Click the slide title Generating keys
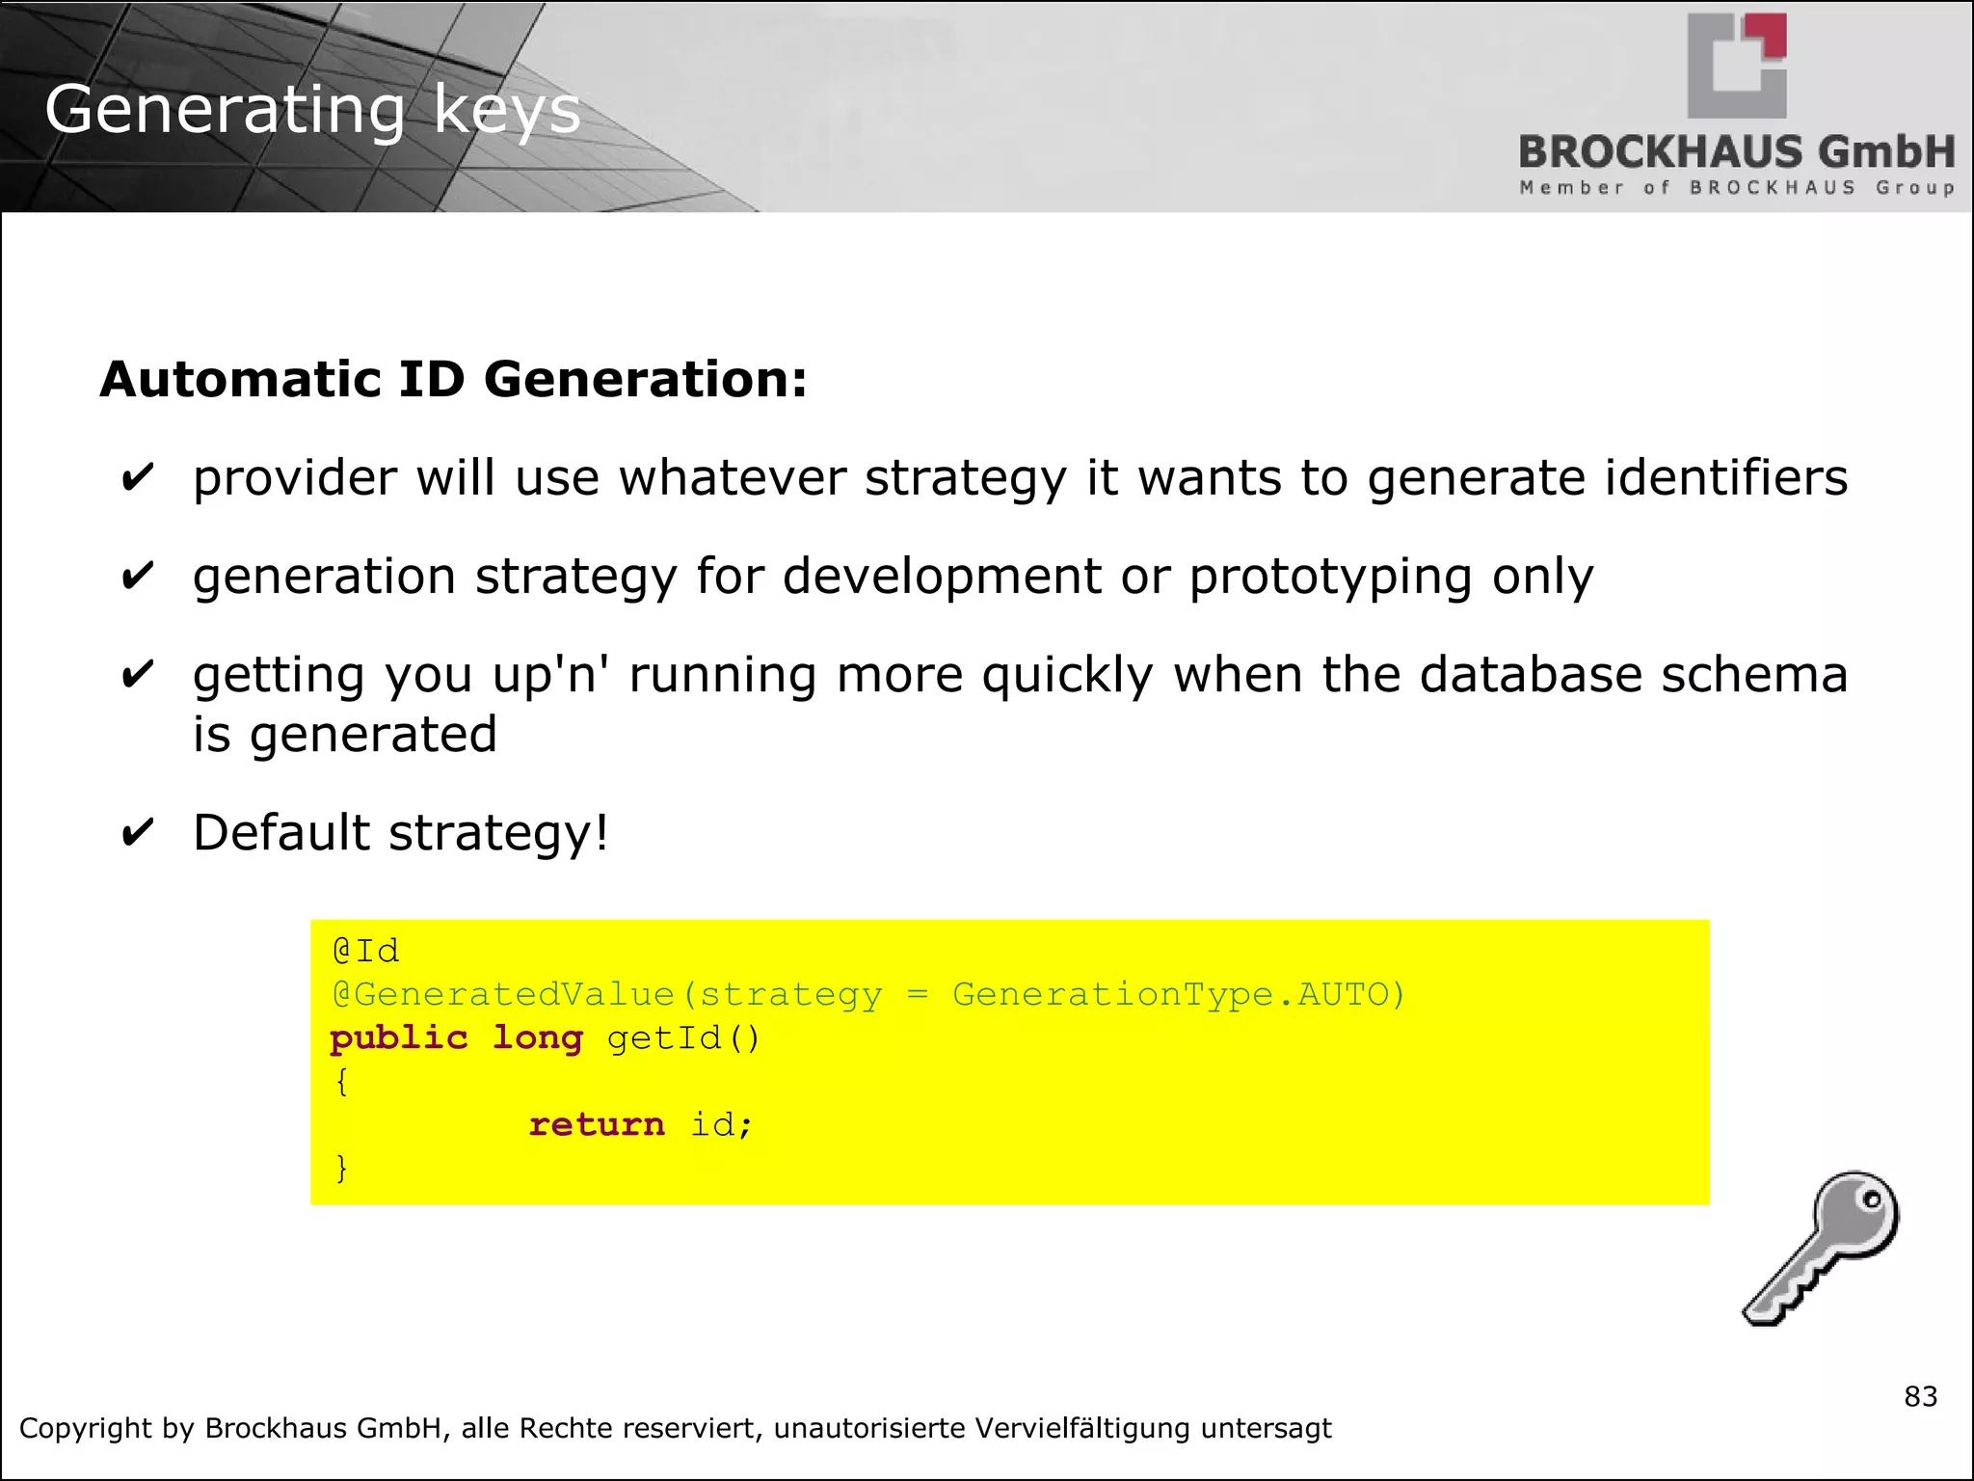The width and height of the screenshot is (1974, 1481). pyautogui.click(x=312, y=109)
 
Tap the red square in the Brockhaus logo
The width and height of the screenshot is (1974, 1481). pyautogui.click(x=1770, y=34)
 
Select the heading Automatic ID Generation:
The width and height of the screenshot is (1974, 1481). pyautogui.click(x=453, y=379)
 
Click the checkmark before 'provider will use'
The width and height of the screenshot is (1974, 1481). pyautogui.click(x=138, y=477)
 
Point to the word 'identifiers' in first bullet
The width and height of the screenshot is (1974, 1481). pyautogui.click(x=1725, y=477)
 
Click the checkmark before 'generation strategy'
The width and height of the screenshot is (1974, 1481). pyautogui.click(x=138, y=577)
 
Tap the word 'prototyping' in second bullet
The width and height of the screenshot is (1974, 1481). pyautogui.click(x=1330, y=577)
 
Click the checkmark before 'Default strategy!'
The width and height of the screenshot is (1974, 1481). pyautogui.click(x=138, y=832)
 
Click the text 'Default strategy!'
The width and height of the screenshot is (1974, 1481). pyautogui.click(x=400, y=832)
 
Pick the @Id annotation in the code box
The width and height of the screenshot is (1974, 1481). pyautogui.click(x=365, y=952)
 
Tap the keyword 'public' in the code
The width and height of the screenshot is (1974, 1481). pyautogui.click(x=398, y=1038)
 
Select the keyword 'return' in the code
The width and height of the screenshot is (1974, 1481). pyautogui.click(x=596, y=1124)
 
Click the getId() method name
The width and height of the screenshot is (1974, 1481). pyautogui.click(x=683, y=1038)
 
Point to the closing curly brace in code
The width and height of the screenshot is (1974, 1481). pyautogui.click(x=341, y=1168)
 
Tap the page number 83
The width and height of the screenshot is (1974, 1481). pyautogui.click(x=1920, y=1396)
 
